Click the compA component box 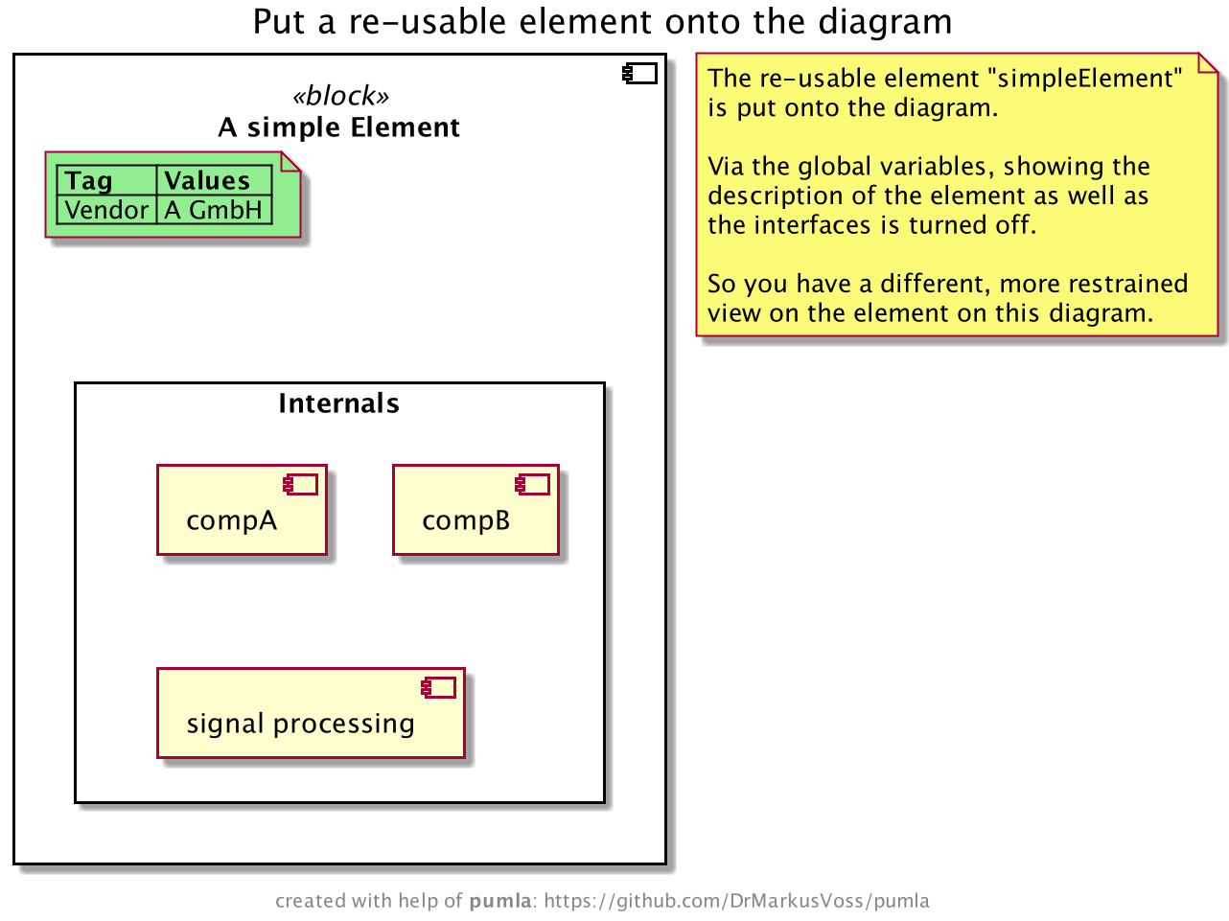click(242, 511)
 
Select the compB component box click(475, 511)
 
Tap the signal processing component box click(311, 714)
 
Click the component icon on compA click(301, 485)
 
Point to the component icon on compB click(533, 485)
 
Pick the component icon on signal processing click(439, 687)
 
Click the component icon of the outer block click(640, 74)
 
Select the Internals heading click(338, 403)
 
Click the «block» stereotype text click(340, 96)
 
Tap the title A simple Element click(338, 127)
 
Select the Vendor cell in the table click(106, 210)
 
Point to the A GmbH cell click(214, 210)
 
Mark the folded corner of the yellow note click(1208, 63)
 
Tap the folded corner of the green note click(290, 162)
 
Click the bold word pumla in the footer click(499, 901)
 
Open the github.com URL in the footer click(736, 901)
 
